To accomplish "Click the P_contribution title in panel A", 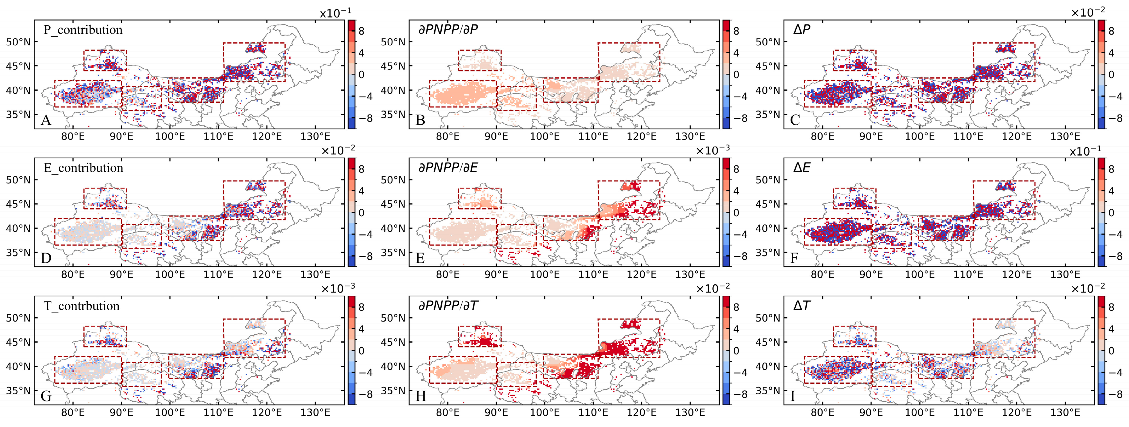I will (x=83, y=30).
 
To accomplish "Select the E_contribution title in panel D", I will (x=83, y=168).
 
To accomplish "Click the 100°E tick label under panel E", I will (x=545, y=275).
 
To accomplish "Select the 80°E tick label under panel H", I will (x=448, y=413).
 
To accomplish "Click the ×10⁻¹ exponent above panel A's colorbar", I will (x=335, y=13).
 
